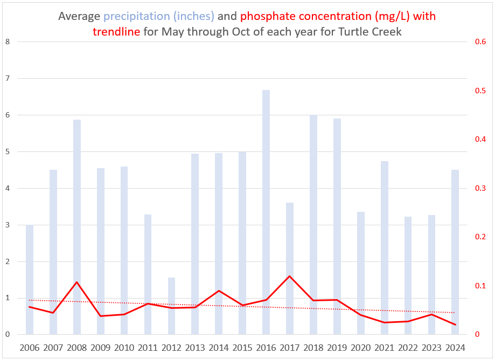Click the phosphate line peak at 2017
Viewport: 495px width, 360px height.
290,276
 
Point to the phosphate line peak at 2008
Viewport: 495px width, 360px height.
77,282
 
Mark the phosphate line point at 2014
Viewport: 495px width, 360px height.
219,291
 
